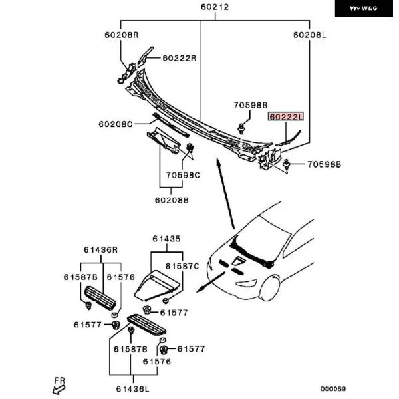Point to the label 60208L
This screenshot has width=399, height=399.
point(311,35)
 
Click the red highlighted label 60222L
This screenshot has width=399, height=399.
point(285,116)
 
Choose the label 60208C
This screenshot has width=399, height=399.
point(116,124)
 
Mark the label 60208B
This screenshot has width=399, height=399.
point(172,199)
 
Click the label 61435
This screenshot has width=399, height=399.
point(166,239)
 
